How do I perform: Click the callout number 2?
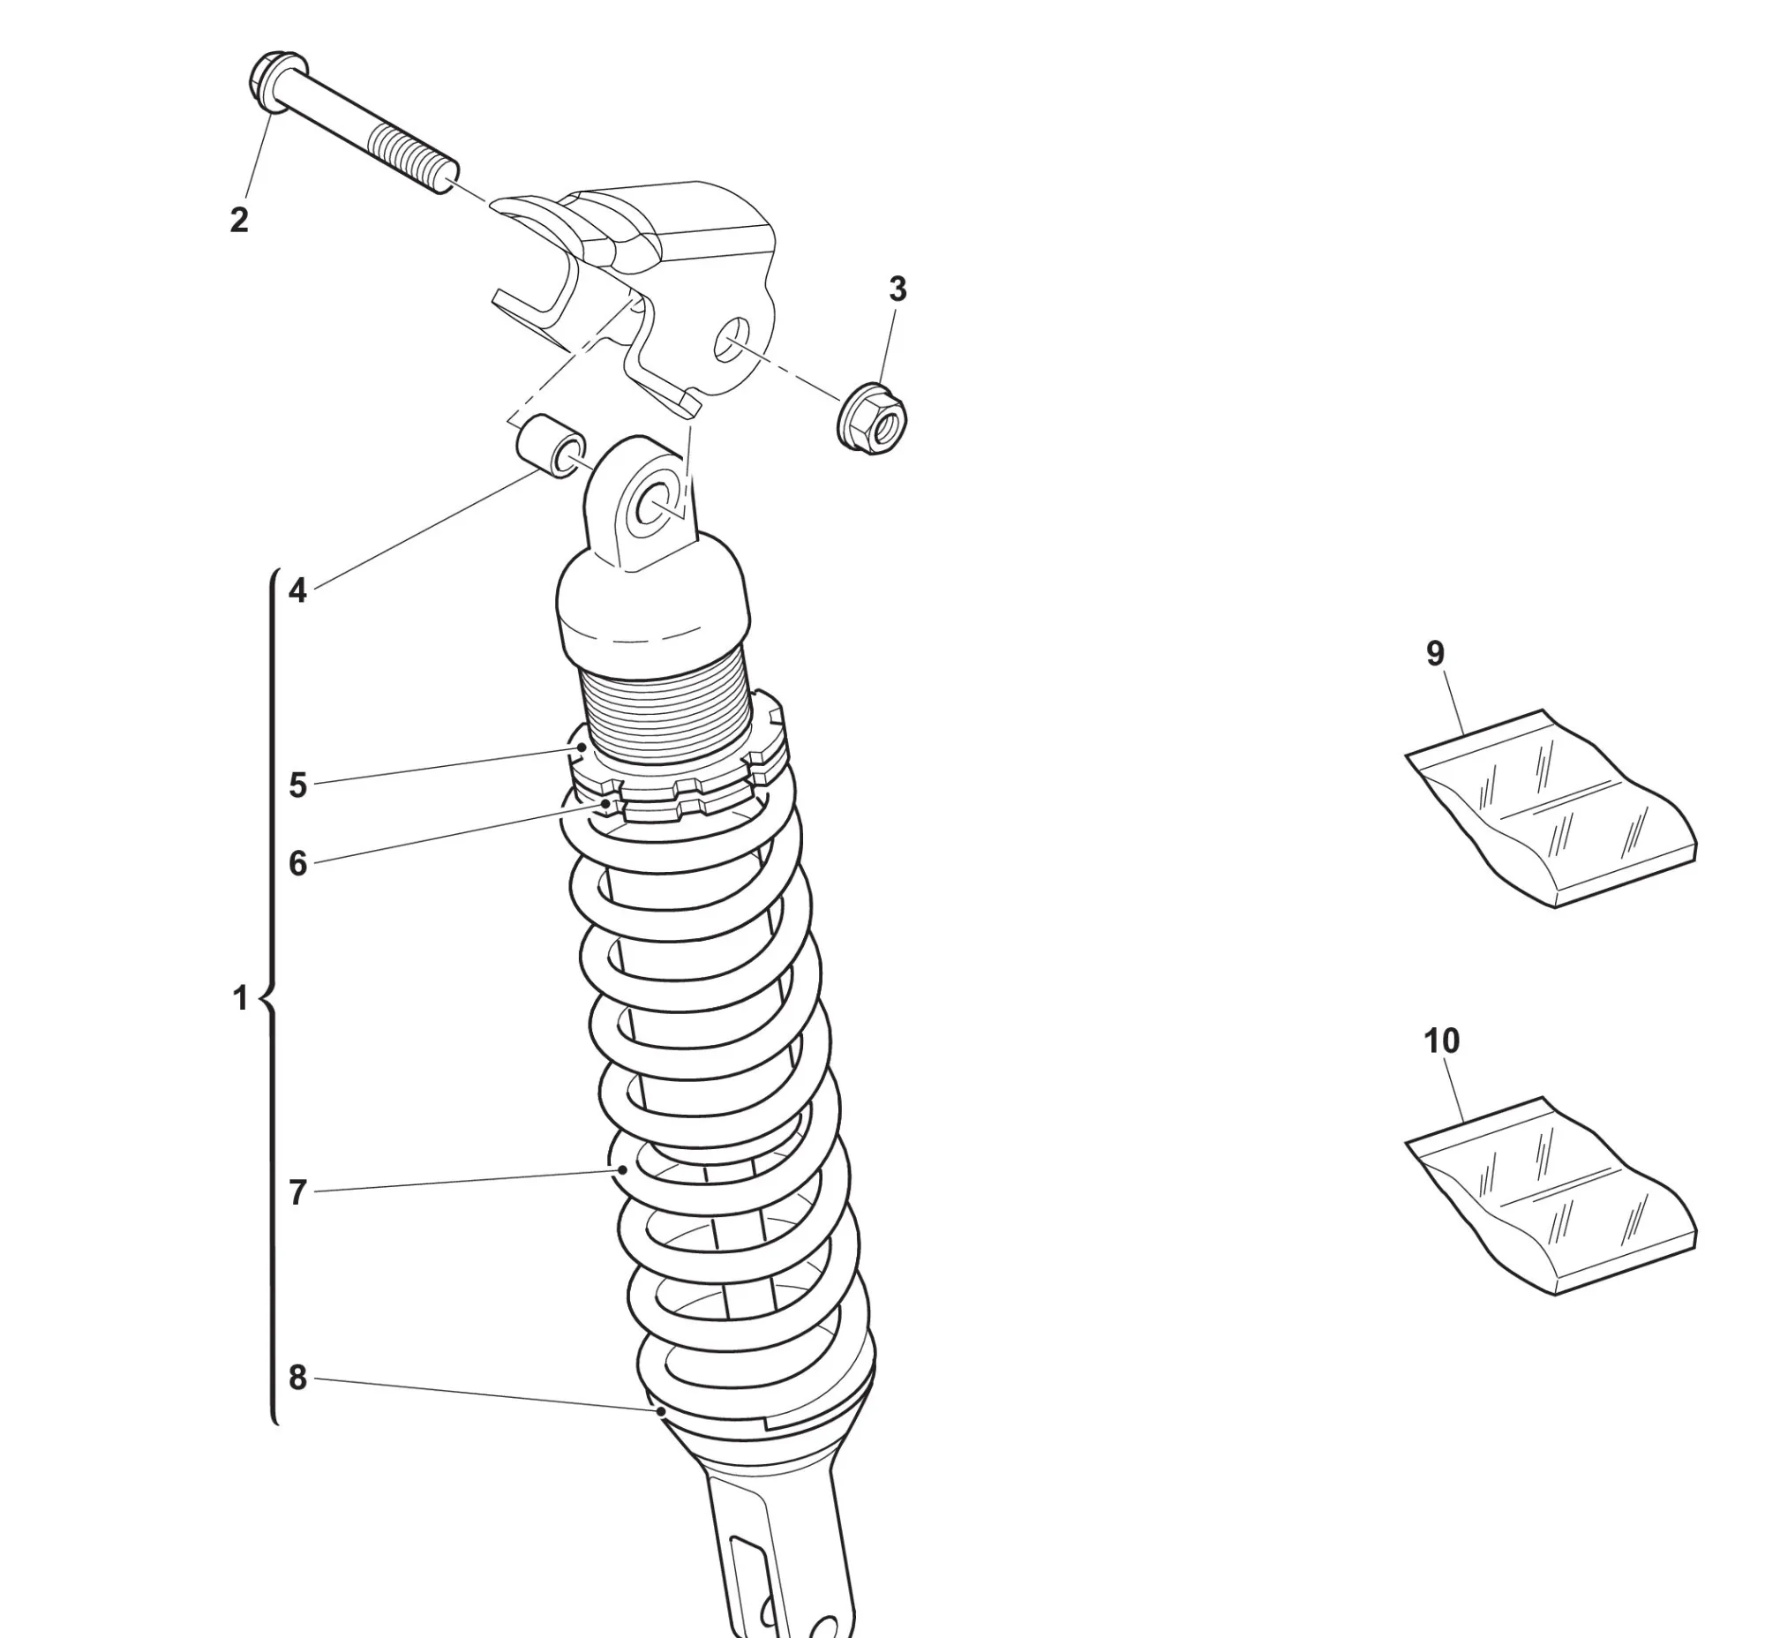[239, 220]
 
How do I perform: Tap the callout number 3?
[898, 289]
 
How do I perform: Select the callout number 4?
[298, 590]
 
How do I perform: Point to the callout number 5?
[298, 785]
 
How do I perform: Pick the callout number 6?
[298, 863]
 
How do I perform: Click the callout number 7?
[298, 1193]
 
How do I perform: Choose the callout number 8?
[298, 1378]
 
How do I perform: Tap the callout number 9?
[1435, 653]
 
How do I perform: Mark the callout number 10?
[1441, 1040]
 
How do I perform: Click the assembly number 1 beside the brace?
[239, 998]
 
